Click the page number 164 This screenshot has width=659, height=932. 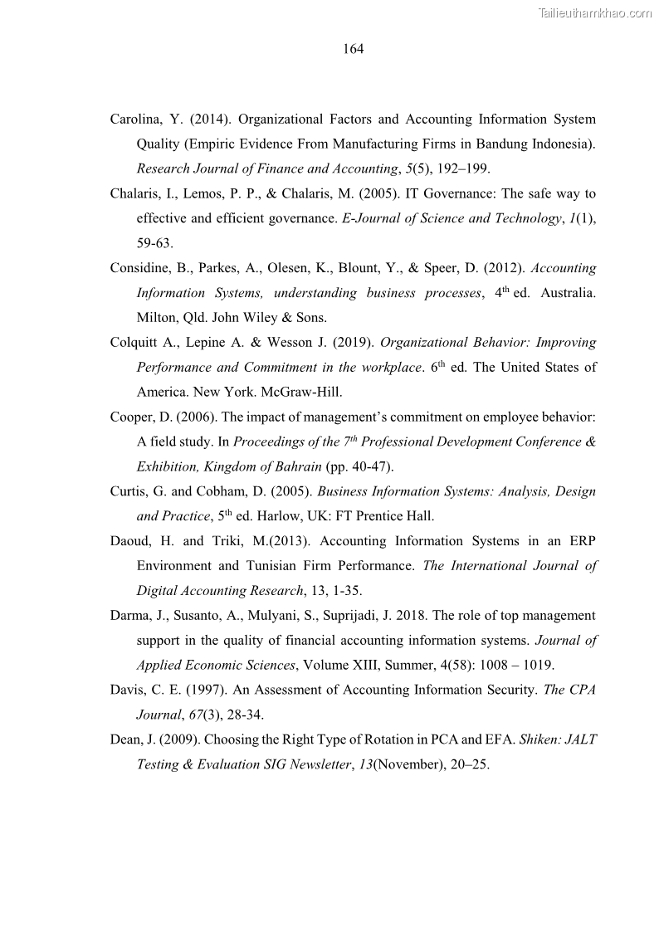pos(353,49)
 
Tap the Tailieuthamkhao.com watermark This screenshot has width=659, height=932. pos(595,12)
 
